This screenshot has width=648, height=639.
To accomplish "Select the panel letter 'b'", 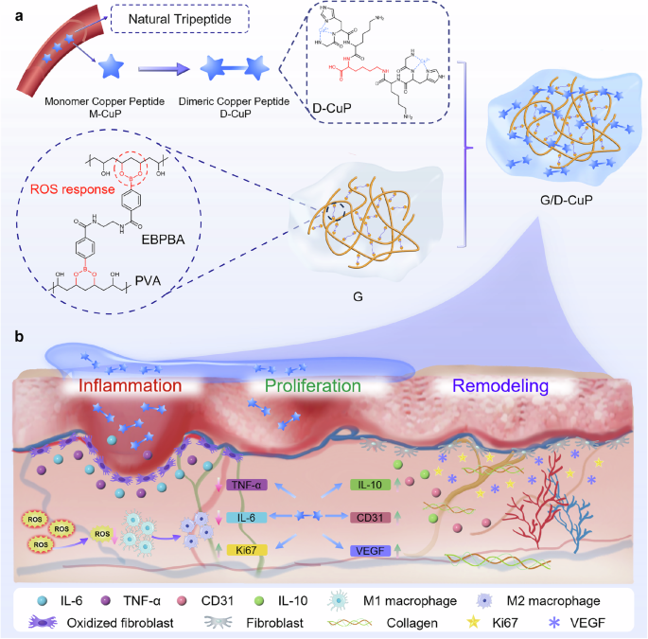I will (x=9, y=334).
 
